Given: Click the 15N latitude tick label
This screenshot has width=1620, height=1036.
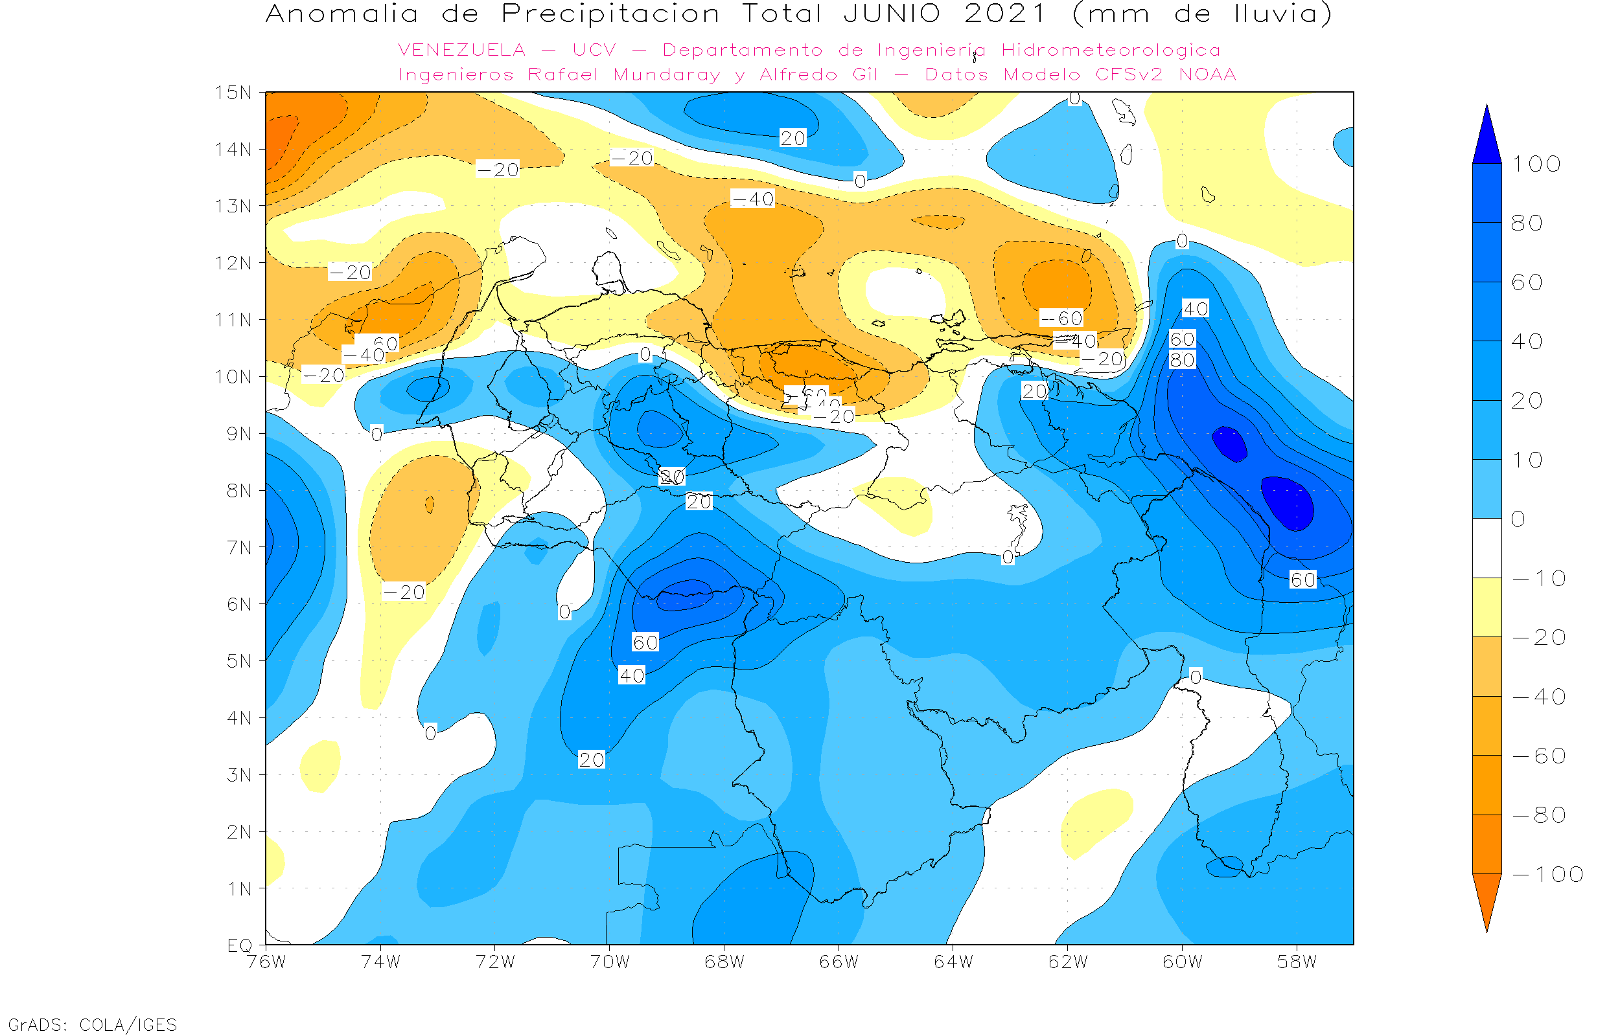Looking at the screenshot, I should pos(233,92).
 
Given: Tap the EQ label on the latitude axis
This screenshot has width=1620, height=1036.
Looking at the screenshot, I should pos(240,945).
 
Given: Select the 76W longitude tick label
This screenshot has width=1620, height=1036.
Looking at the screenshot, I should pos(266,962).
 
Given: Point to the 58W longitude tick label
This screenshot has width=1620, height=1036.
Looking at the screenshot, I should pos(1297,962).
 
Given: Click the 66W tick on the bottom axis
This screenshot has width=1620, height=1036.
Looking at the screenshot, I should pos(839,962).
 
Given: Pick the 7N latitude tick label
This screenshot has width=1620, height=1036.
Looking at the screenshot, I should pos(239,548).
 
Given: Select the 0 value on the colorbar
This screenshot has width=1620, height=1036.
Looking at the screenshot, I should pos(1518,519).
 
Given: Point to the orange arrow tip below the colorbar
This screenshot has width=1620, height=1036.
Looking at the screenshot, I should pos(1487,905).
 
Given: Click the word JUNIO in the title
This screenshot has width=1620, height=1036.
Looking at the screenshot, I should pos(892,14).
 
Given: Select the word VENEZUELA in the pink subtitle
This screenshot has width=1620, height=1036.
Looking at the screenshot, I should pos(462,51).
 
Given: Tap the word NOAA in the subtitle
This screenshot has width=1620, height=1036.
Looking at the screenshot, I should pos(1207,74).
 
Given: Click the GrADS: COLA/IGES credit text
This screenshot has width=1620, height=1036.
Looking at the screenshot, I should pos(93,1024).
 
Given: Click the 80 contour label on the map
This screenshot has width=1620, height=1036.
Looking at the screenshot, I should pos(1182,361).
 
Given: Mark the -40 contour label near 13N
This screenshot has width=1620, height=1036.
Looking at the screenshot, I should pos(753,199).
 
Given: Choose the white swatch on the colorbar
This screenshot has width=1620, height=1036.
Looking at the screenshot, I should pos(1487,548).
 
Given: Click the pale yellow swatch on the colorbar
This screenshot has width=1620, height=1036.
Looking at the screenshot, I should pos(1487,607).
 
